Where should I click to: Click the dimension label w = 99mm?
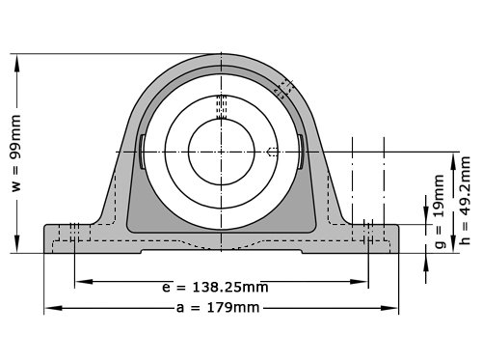16,153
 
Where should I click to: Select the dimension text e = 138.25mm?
215,287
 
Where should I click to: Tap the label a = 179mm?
218,308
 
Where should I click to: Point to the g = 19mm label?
440,211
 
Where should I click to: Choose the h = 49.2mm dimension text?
465,200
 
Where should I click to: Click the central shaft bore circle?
222,152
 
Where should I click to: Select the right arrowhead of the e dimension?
359,282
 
